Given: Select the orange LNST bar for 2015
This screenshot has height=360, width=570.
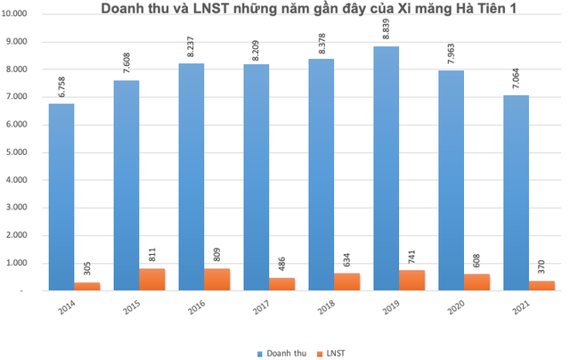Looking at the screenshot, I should coord(151,279).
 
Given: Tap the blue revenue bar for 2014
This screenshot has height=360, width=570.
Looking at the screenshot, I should coord(61,197).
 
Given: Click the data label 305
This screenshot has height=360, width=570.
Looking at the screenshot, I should coord(86,265).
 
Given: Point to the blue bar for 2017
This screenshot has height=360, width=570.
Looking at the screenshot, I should coord(256,178).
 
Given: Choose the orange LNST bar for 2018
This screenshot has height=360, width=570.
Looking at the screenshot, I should coord(347,282).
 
